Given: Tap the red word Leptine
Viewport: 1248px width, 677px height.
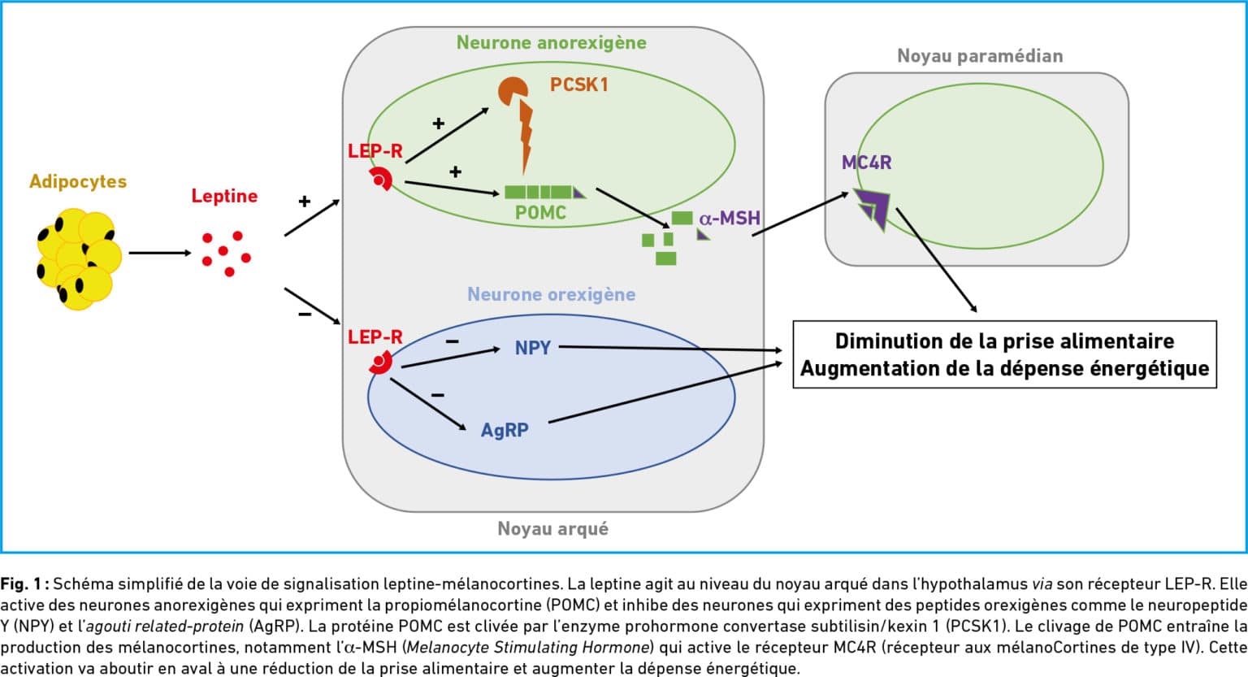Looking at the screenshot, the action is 224,196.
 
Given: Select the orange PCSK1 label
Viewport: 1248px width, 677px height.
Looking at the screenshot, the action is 578,85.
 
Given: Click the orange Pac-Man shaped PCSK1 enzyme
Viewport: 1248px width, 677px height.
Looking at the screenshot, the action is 513,92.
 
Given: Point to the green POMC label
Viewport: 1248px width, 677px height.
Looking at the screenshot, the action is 540,212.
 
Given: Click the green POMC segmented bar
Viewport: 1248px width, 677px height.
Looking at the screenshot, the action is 545,193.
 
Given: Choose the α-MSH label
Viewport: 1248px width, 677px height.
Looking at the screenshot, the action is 730,218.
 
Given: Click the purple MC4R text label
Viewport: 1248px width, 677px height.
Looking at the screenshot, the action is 866,163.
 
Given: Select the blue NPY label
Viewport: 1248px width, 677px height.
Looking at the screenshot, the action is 533,348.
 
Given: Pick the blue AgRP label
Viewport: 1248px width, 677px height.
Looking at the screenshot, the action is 505,430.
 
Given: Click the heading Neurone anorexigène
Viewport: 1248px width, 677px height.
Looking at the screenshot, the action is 552,43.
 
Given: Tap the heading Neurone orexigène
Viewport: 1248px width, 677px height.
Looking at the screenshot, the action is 552,294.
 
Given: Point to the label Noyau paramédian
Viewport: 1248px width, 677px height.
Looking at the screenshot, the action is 980,56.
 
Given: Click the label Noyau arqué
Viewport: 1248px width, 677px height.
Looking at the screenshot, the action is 552,528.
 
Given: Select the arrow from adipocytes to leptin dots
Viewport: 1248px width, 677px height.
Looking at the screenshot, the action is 160,253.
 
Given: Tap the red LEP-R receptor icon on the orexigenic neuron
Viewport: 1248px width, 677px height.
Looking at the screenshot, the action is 381,362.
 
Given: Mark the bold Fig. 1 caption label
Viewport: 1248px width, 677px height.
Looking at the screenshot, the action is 24,584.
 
